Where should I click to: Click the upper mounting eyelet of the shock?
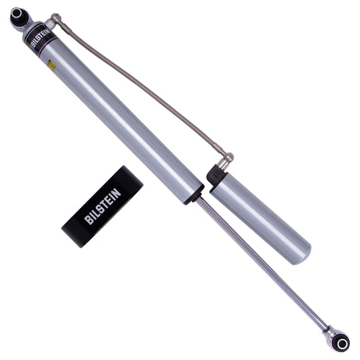(x=18, y=16)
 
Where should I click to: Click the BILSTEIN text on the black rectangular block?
(x=103, y=205)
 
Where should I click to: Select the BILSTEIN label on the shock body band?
(x=38, y=38)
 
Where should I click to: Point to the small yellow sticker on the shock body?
(x=52, y=65)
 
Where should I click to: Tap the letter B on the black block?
(x=88, y=220)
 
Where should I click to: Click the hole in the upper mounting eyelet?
(x=16, y=13)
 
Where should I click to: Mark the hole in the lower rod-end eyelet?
(x=342, y=344)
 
